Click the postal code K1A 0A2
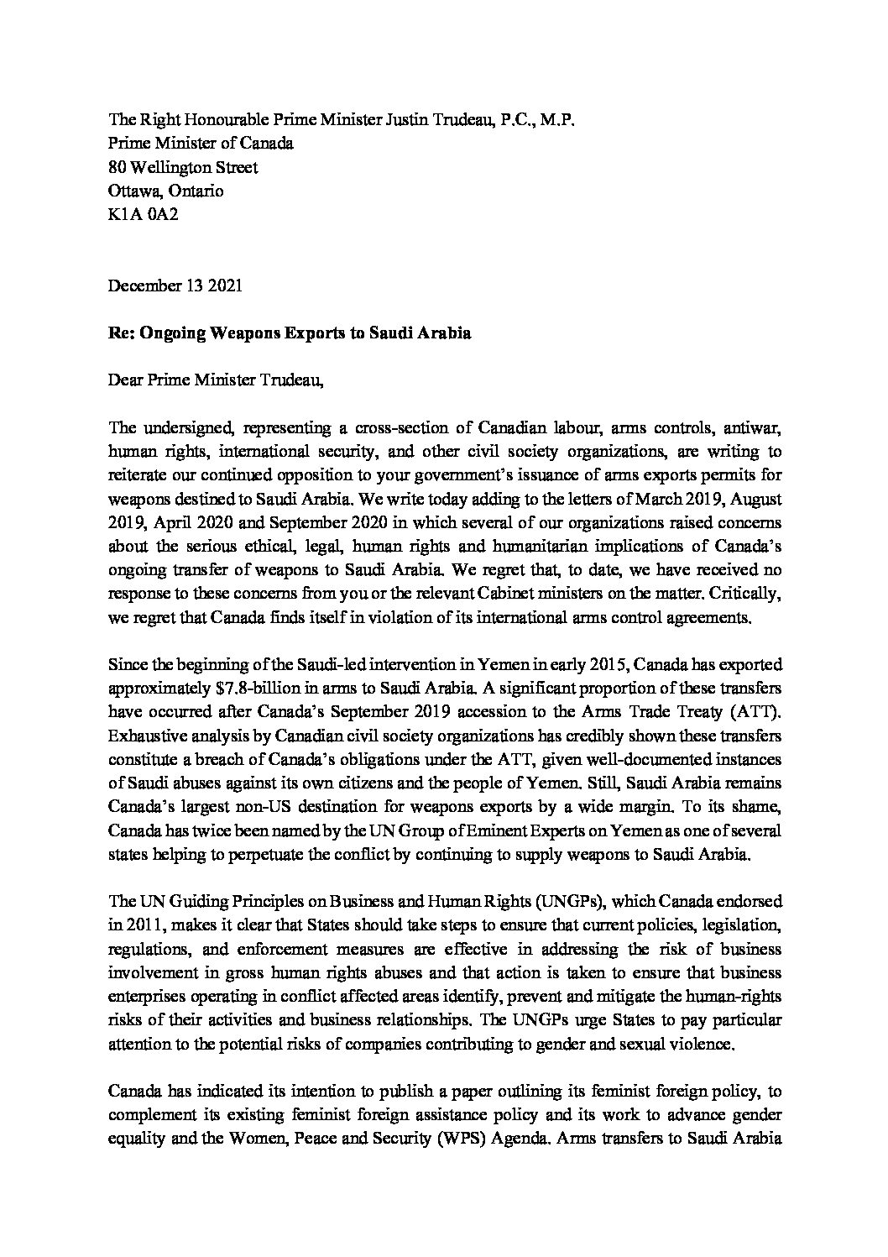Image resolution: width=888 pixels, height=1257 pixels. point(144,215)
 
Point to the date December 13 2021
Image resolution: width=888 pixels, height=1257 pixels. point(175,285)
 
